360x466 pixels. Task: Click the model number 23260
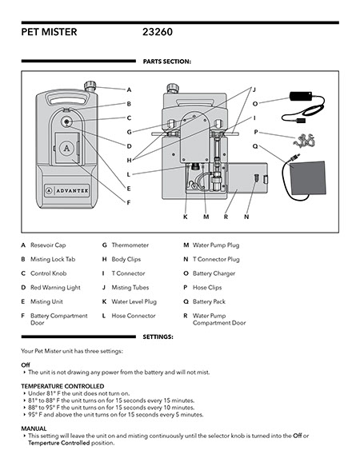point(158,32)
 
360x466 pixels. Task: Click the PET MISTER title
point(49,32)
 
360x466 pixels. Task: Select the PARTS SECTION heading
point(167,62)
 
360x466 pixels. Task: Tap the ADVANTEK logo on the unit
point(67,190)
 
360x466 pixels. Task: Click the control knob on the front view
point(66,121)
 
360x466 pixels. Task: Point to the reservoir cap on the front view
point(90,86)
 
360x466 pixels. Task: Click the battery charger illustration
point(303,107)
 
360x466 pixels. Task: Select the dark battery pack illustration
point(307,177)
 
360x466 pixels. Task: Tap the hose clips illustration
point(304,141)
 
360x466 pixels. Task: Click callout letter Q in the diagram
point(255,146)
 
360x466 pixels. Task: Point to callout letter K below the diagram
point(186,217)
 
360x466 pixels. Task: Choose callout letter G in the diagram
point(129,132)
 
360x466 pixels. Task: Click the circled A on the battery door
point(66,148)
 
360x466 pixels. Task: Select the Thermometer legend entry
point(126,245)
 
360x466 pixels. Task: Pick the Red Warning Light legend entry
point(51,288)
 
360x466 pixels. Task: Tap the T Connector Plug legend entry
point(211,260)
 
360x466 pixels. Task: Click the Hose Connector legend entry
point(129,316)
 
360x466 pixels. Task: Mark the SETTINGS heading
point(158,337)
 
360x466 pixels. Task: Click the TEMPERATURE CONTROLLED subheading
point(62,386)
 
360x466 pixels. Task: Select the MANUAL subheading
point(34,429)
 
